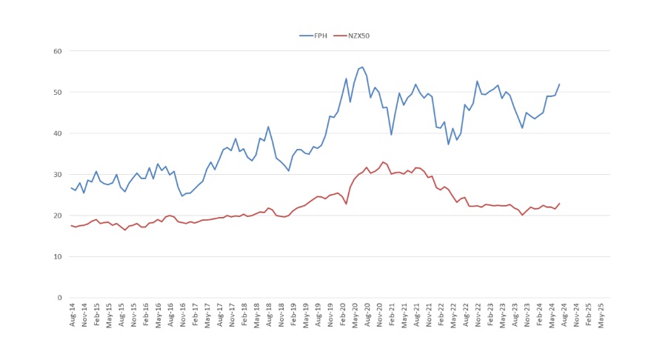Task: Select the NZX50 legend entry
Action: coord(353,35)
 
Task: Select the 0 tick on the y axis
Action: coord(59,298)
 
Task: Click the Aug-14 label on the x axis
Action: coord(72,315)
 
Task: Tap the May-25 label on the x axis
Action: coord(601,315)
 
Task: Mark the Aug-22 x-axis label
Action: coord(466,315)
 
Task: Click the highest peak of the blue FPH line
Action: coord(362,67)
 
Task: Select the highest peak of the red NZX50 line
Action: coord(383,162)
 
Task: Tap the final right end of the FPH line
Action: coord(559,84)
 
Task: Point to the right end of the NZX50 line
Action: coord(559,204)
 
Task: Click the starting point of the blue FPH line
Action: coord(71,188)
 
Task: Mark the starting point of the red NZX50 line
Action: coord(71,226)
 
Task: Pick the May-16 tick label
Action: coord(158,315)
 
